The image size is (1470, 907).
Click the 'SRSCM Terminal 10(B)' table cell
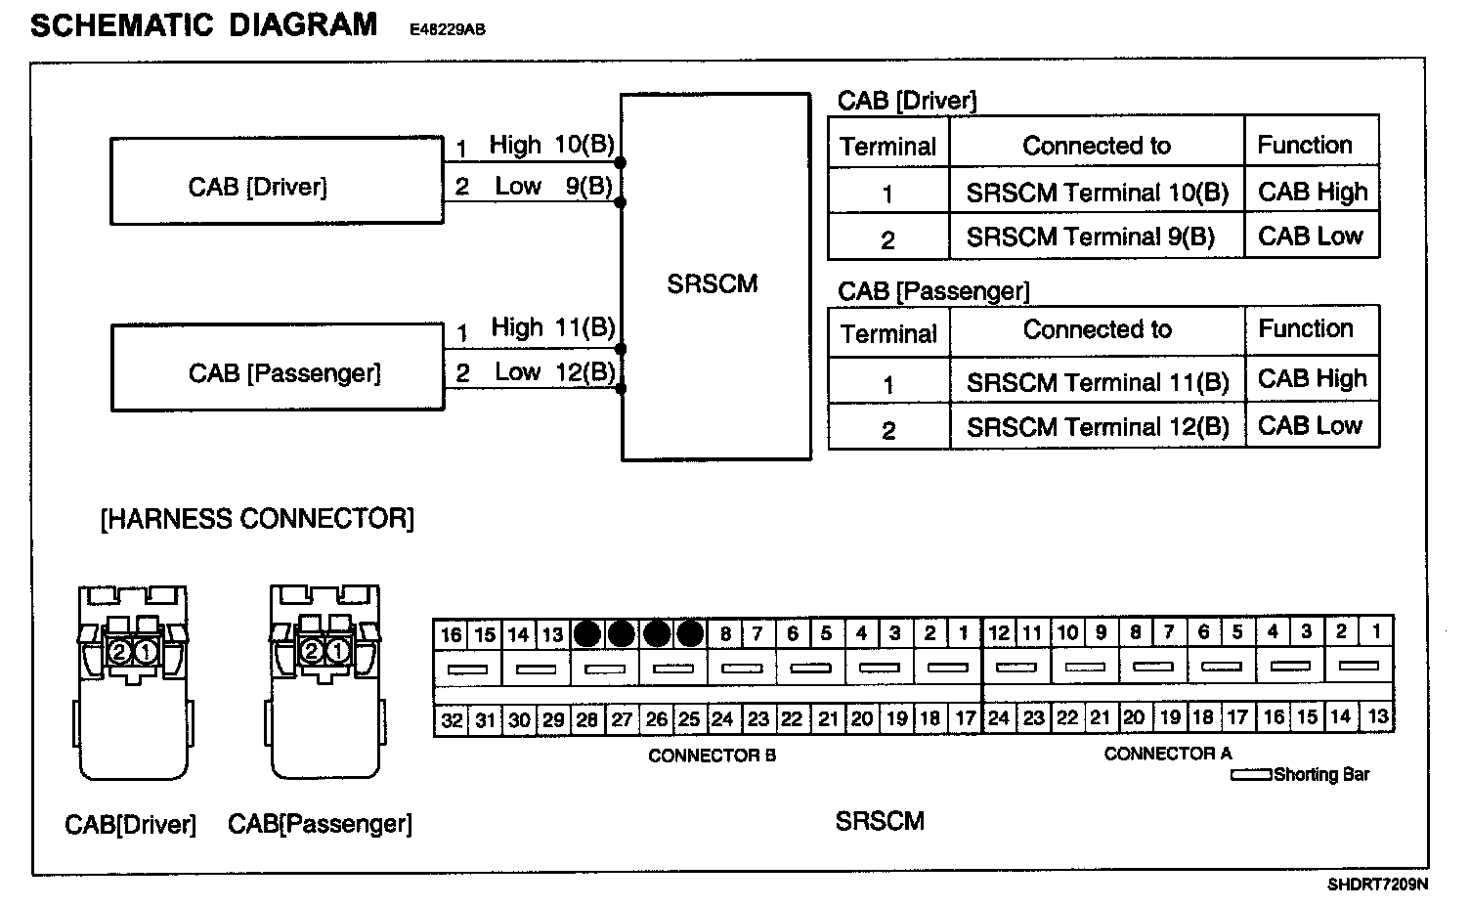[x=1097, y=193]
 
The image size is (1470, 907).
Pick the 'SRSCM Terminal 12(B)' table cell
[x=1097, y=427]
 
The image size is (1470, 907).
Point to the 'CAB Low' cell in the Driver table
[x=1311, y=237]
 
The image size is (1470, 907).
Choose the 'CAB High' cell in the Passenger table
[x=1312, y=379]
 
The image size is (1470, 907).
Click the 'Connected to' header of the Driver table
[x=1097, y=146]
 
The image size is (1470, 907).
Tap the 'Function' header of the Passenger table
[x=1306, y=328]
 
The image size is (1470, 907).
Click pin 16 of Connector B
[x=451, y=634]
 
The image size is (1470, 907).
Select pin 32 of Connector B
[x=452, y=720]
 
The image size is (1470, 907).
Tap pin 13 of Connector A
[x=1377, y=716]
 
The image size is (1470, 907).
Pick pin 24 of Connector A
[x=998, y=718]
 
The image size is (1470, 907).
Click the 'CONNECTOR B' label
[x=712, y=756]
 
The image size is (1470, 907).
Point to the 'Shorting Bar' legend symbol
[x=1251, y=775]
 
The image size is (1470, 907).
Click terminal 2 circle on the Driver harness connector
[x=119, y=651]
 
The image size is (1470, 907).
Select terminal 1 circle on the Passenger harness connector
[x=336, y=651]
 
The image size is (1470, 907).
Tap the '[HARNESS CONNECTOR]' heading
[x=257, y=519]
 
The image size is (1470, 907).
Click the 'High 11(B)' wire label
[x=552, y=327]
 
